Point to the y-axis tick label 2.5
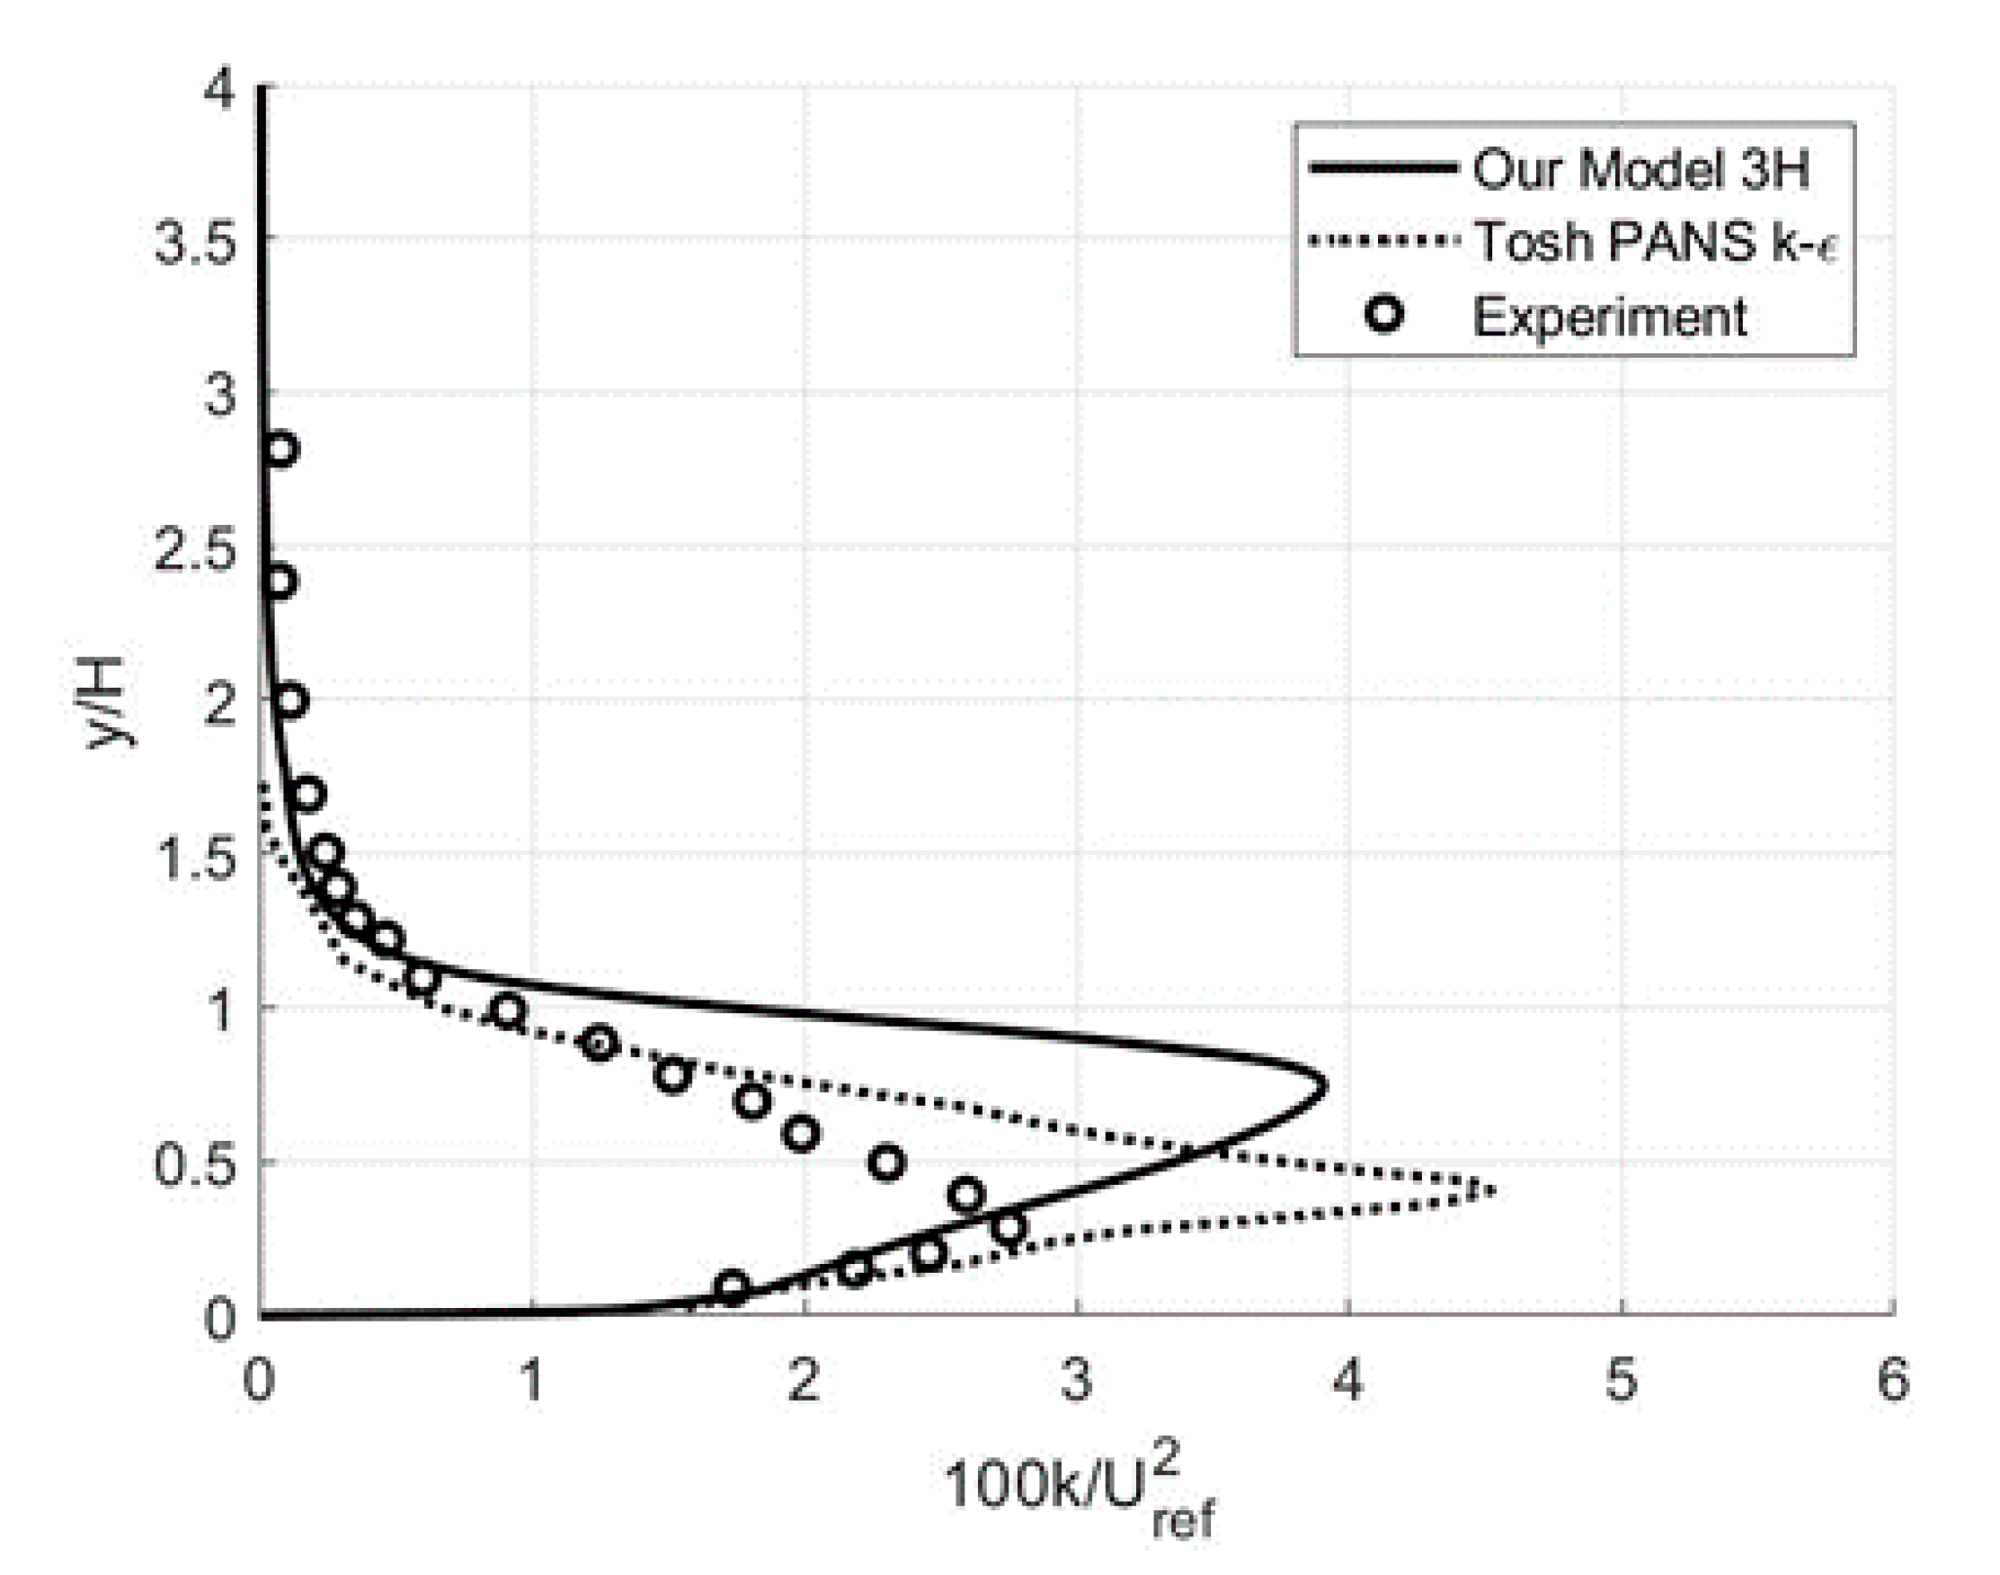[x=194, y=551]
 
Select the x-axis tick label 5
[x=1621, y=1381]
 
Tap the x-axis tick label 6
[x=1893, y=1381]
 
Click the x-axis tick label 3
[x=1076, y=1381]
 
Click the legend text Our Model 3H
[x=1640, y=170]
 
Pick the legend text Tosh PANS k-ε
[x=1655, y=242]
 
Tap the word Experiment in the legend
[x=1609, y=316]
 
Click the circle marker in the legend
[x=1384, y=316]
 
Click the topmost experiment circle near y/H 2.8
[x=281, y=449]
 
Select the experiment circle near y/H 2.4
[x=280, y=581]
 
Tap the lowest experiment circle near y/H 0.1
[x=731, y=1287]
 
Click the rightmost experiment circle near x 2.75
[x=1009, y=1227]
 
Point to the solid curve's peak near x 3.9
[x=1324, y=1086]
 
